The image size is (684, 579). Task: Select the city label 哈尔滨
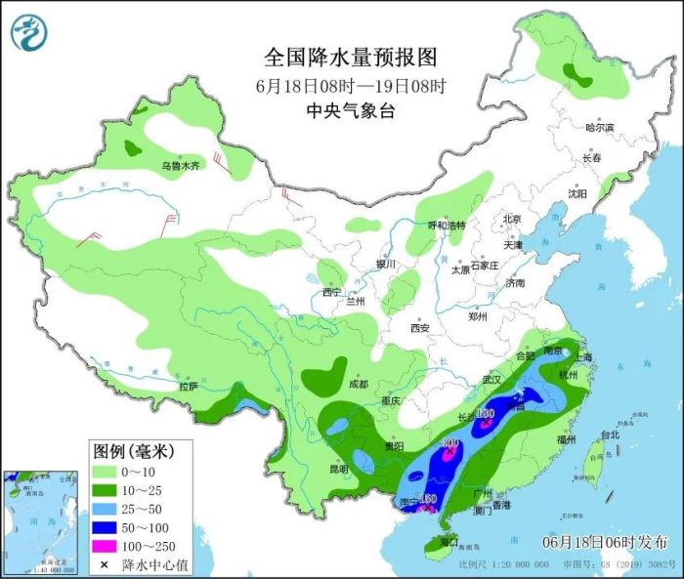(599, 128)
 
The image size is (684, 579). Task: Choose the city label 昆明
(338, 469)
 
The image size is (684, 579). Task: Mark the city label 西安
(421, 329)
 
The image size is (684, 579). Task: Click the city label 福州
(566, 440)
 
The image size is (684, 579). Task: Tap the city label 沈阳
(577, 193)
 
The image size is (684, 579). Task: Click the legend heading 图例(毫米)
(133, 451)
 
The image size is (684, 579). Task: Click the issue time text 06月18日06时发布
(606, 541)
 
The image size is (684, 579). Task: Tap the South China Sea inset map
(40, 522)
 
